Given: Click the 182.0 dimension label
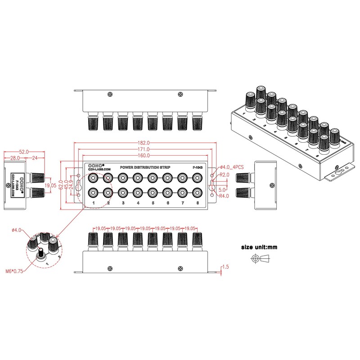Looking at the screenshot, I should pyautogui.click(x=144, y=143).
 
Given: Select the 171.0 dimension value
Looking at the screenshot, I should pyautogui.click(x=144, y=149).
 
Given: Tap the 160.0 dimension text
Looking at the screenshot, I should pyautogui.click(x=144, y=156).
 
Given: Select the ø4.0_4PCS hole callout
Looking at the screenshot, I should pyautogui.click(x=232, y=167).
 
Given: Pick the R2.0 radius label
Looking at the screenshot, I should pyautogui.click(x=225, y=175).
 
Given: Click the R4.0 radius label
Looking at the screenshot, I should pyautogui.click(x=225, y=196).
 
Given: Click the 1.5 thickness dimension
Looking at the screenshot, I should pyautogui.click(x=225, y=267).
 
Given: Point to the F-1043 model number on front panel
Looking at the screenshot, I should pyautogui.click(x=198, y=167).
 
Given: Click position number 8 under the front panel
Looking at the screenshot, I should pyautogui.click(x=197, y=203).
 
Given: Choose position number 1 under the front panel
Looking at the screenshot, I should pyautogui.click(x=93, y=203).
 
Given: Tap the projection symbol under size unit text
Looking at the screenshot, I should pyautogui.click(x=261, y=259).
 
